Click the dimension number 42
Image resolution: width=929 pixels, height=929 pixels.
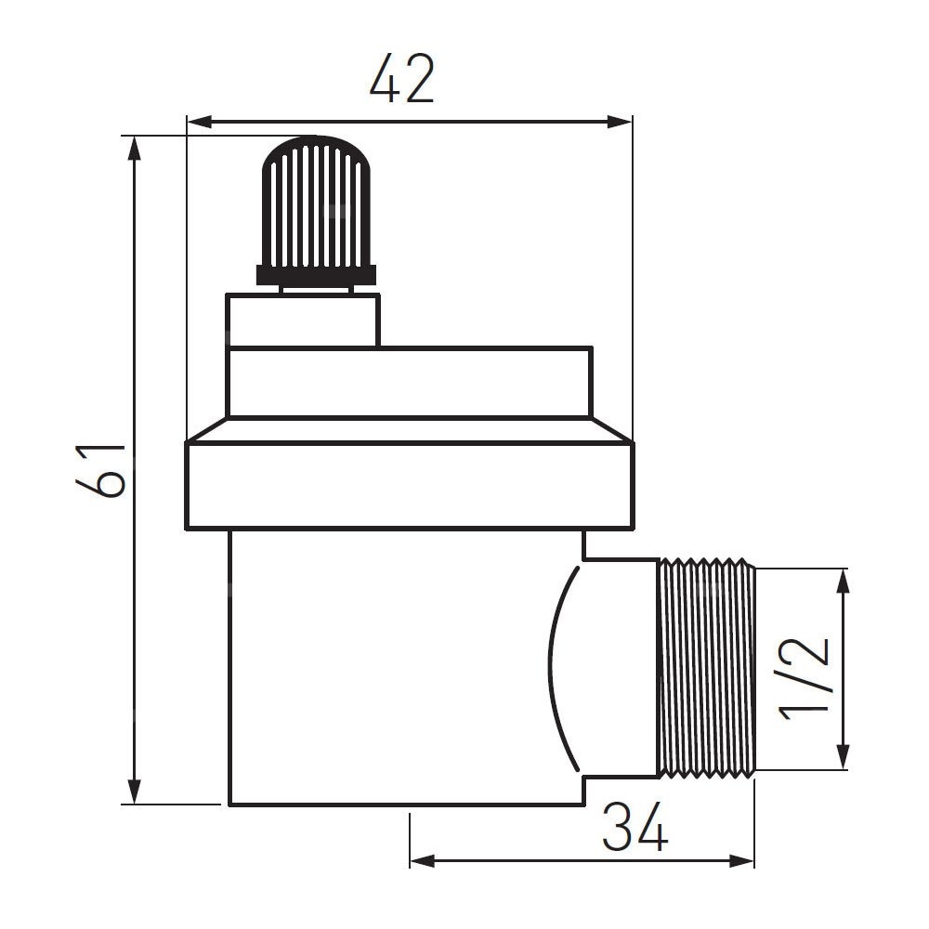coord(402,78)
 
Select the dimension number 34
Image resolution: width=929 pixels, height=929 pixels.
coord(635,826)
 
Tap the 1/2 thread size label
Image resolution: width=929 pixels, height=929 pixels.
coord(804,677)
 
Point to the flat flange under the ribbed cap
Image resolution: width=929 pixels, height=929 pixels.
coord(316,275)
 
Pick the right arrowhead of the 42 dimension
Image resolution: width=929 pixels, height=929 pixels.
coord(619,123)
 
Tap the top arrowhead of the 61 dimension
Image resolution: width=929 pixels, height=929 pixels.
coord(136,149)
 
